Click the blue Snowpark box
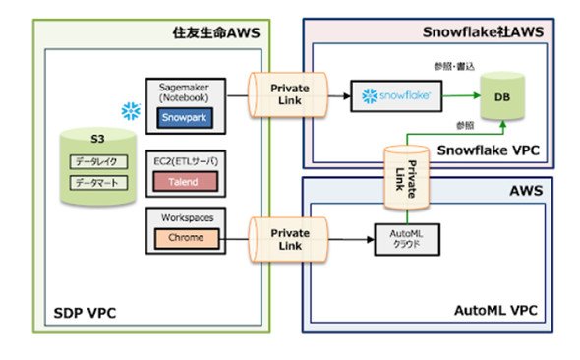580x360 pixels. [185, 118]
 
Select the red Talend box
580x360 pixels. [186, 181]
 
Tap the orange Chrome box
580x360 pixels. [187, 237]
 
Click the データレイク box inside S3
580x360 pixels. [98, 161]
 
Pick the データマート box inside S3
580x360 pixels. [98, 183]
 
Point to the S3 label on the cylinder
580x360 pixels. [97, 139]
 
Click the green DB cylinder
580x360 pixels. [502, 96]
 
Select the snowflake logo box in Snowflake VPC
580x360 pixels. [396, 95]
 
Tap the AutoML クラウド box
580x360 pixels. [407, 239]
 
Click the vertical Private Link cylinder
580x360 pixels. [407, 178]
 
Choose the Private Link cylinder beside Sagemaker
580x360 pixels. [288, 95]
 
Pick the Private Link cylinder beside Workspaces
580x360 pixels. [288, 240]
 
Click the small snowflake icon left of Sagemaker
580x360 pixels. [131, 111]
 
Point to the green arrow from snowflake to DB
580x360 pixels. [462, 95]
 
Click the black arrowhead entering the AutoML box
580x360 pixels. [371, 240]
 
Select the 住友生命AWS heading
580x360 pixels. [216, 32]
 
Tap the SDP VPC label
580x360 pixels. [86, 313]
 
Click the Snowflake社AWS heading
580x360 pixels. [483, 32]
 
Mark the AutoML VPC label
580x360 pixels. [495, 310]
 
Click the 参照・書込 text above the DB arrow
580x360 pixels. [454, 66]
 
